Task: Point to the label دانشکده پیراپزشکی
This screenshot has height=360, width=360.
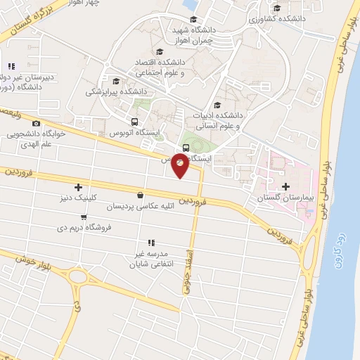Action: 117,91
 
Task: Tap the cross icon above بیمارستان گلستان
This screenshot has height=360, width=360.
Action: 285,186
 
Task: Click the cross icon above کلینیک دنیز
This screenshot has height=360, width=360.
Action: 78,187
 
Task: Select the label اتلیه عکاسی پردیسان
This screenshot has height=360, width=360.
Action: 140,207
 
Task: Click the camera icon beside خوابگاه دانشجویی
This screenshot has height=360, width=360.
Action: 37,124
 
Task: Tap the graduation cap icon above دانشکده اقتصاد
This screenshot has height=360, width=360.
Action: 159,53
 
